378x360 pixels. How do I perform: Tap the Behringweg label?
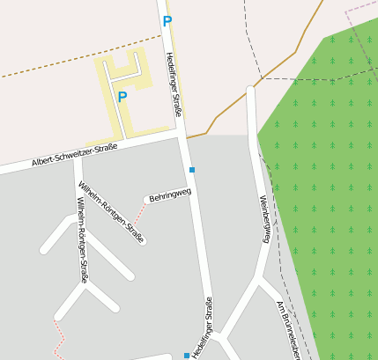pyautogui.click(x=170, y=194)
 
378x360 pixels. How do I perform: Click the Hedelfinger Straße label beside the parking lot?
pyautogui.click(x=174, y=84)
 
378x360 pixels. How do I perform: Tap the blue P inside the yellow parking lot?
pyautogui.click(x=122, y=98)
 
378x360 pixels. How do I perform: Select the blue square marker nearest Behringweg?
pyautogui.click(x=191, y=169)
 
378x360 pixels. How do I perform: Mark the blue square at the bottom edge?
pyautogui.click(x=187, y=356)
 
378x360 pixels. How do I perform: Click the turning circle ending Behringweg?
pyautogui.click(x=147, y=200)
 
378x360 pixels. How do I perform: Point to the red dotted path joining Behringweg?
pyautogui.click(x=139, y=215)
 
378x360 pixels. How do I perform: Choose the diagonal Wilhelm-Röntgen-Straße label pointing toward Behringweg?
pyautogui.click(x=111, y=212)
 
